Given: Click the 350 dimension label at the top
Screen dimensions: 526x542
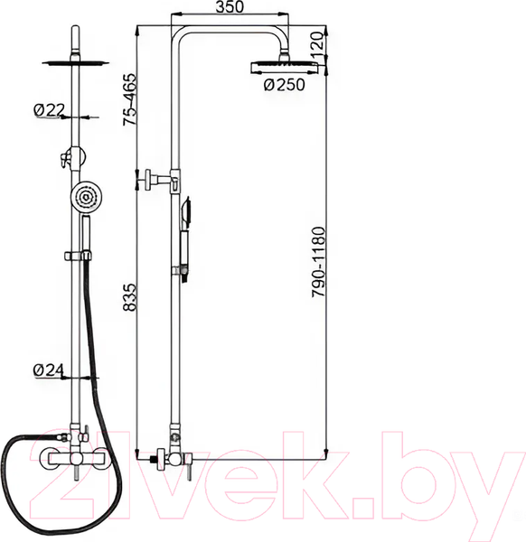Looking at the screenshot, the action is click(x=230, y=6).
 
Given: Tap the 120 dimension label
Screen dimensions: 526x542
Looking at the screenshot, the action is click(x=317, y=42).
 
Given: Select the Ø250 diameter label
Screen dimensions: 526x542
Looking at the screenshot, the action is click(x=285, y=85).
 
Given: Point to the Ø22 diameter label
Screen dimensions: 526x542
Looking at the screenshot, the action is click(x=49, y=110).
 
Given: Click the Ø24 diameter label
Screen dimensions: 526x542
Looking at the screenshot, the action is click(x=49, y=370).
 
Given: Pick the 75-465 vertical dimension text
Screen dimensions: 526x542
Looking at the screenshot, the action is click(x=130, y=99).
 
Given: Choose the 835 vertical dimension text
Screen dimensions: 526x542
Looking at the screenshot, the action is click(x=130, y=297).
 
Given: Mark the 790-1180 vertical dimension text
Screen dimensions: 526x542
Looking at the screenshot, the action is click(x=318, y=262).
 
